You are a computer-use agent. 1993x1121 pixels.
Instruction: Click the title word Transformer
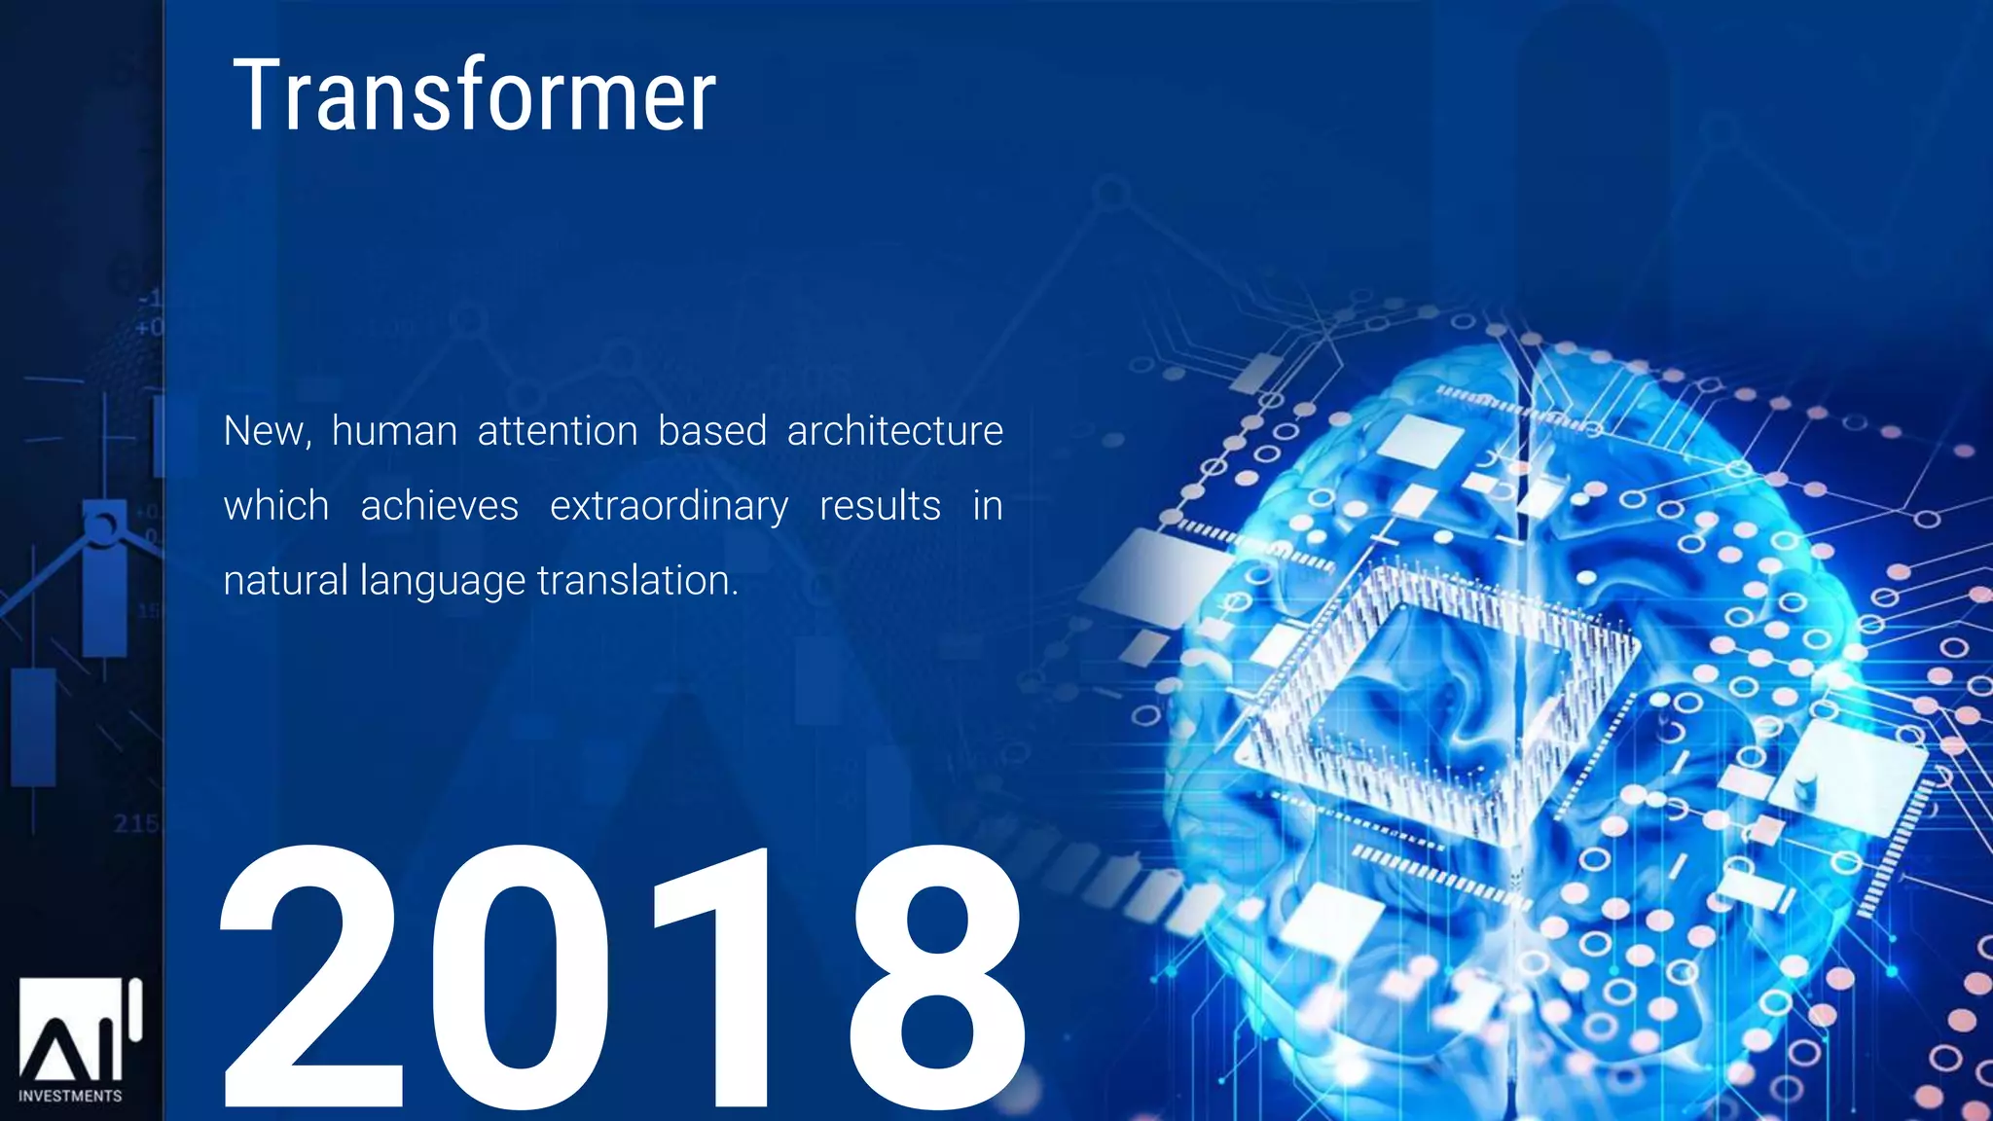474,95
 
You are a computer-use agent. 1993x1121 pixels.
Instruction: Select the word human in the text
394,431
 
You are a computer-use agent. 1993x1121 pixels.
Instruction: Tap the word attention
558,431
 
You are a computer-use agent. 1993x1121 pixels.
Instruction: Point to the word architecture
894,431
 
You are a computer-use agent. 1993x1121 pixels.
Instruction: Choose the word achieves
439,506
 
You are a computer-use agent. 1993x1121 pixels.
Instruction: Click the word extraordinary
669,506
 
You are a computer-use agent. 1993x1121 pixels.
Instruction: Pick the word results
880,506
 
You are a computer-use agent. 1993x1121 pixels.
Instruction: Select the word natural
285,581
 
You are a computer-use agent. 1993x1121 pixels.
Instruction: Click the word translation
636,581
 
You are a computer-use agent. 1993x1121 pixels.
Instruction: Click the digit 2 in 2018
311,978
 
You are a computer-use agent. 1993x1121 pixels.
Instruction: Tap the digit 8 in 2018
936,978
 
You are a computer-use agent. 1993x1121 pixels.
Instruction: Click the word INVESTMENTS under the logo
70,1097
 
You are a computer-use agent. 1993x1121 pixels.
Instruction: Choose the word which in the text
276,506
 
